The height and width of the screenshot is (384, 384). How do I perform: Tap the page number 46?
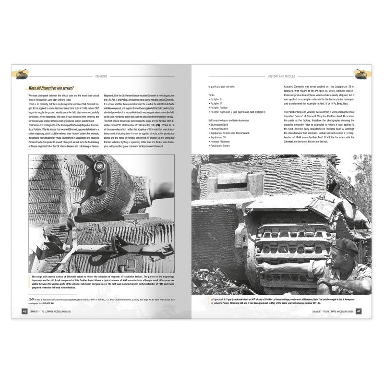coord(24,311)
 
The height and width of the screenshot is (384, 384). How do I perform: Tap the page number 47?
coord(359,311)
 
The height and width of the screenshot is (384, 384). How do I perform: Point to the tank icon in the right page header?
coord(361,73)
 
